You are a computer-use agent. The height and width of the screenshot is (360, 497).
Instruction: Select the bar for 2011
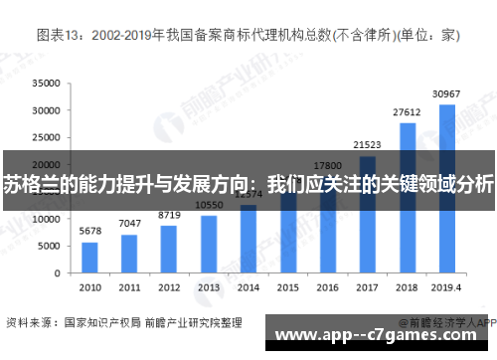(x=129, y=253)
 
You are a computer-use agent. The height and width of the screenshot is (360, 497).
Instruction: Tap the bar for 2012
(x=169, y=248)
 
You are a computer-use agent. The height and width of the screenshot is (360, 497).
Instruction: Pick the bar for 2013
(x=209, y=243)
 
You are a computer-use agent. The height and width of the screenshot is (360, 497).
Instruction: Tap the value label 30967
(x=447, y=93)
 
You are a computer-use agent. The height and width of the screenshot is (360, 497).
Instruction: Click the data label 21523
(x=368, y=145)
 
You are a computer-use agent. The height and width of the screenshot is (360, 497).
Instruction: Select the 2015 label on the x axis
(x=288, y=286)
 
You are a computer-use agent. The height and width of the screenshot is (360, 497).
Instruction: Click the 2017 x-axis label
(x=368, y=286)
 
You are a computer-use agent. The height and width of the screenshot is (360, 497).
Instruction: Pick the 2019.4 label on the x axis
(x=447, y=286)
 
